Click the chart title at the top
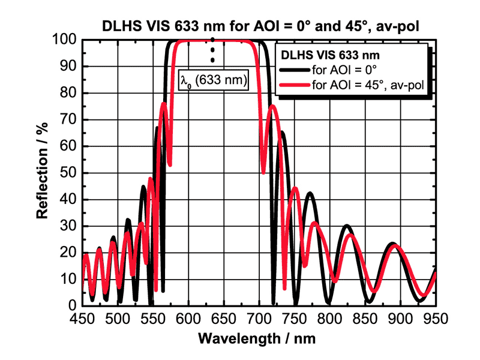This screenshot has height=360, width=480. click(260, 26)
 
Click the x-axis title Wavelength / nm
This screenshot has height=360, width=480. click(259, 338)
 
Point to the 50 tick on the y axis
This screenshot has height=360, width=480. click(70, 173)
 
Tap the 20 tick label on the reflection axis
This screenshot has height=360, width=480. click(70, 253)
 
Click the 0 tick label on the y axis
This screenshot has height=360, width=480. click(74, 306)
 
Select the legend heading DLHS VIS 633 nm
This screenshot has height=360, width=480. click(326, 53)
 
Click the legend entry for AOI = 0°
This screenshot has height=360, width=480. click(344, 70)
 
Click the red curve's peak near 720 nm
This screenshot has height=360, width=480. click(272, 106)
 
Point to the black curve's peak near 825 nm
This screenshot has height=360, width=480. click(347, 226)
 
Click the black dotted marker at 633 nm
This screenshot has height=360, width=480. click(212, 50)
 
